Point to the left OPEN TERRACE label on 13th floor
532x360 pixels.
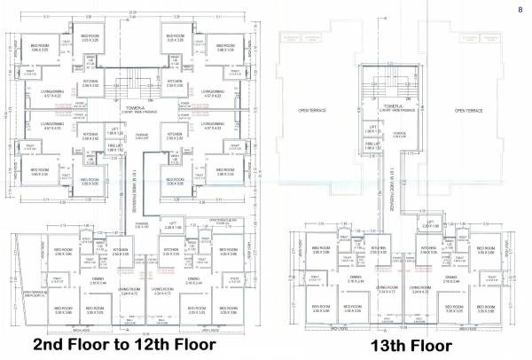[x=313, y=110]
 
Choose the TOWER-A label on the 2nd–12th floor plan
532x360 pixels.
[x=136, y=108]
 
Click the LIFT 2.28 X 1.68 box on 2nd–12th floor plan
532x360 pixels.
[x=173, y=227]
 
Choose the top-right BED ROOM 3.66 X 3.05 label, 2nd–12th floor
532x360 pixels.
[x=223, y=45]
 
